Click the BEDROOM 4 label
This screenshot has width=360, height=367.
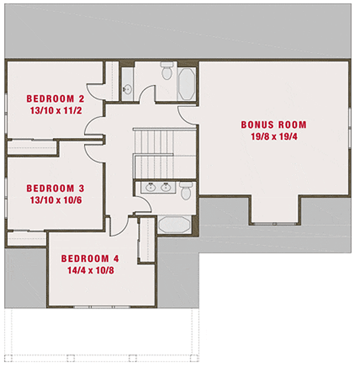point(90,259)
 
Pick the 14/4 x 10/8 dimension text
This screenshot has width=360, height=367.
point(90,270)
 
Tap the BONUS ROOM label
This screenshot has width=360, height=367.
point(274,125)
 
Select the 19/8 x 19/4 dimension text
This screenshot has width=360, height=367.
point(274,136)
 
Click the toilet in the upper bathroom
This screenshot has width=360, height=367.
point(167,72)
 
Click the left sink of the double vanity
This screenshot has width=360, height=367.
point(150,187)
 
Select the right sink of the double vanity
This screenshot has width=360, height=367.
point(166,187)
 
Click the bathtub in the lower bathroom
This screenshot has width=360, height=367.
point(175,225)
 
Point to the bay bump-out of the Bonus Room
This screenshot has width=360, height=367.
point(275,210)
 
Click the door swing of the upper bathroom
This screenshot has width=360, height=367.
point(147,95)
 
